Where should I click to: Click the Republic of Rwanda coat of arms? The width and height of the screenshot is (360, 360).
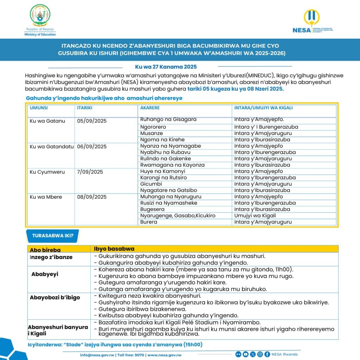(40, 15)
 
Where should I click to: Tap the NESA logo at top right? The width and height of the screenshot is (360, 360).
(312, 22)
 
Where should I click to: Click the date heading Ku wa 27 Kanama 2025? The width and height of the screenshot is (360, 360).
(166, 67)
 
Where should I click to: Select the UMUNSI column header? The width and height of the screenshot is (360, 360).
(39, 108)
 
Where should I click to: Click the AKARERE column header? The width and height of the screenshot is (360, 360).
(150, 108)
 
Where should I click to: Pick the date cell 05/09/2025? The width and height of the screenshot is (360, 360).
(92, 121)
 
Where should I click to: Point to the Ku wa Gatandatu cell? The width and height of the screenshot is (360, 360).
(52, 147)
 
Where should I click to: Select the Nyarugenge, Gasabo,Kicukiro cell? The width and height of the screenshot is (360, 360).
(178, 216)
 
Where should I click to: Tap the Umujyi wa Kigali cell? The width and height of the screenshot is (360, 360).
(255, 216)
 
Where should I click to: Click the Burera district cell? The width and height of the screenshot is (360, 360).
(149, 222)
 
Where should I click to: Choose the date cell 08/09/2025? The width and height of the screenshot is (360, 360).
(92, 197)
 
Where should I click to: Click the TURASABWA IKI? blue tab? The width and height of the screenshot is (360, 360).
(53, 236)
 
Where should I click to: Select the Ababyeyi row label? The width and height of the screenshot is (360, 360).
(45, 274)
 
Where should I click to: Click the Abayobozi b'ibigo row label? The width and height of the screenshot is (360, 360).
(55, 297)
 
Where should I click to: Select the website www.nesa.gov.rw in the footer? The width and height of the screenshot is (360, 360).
(165, 355)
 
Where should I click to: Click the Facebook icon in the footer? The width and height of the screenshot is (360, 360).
(267, 354)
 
